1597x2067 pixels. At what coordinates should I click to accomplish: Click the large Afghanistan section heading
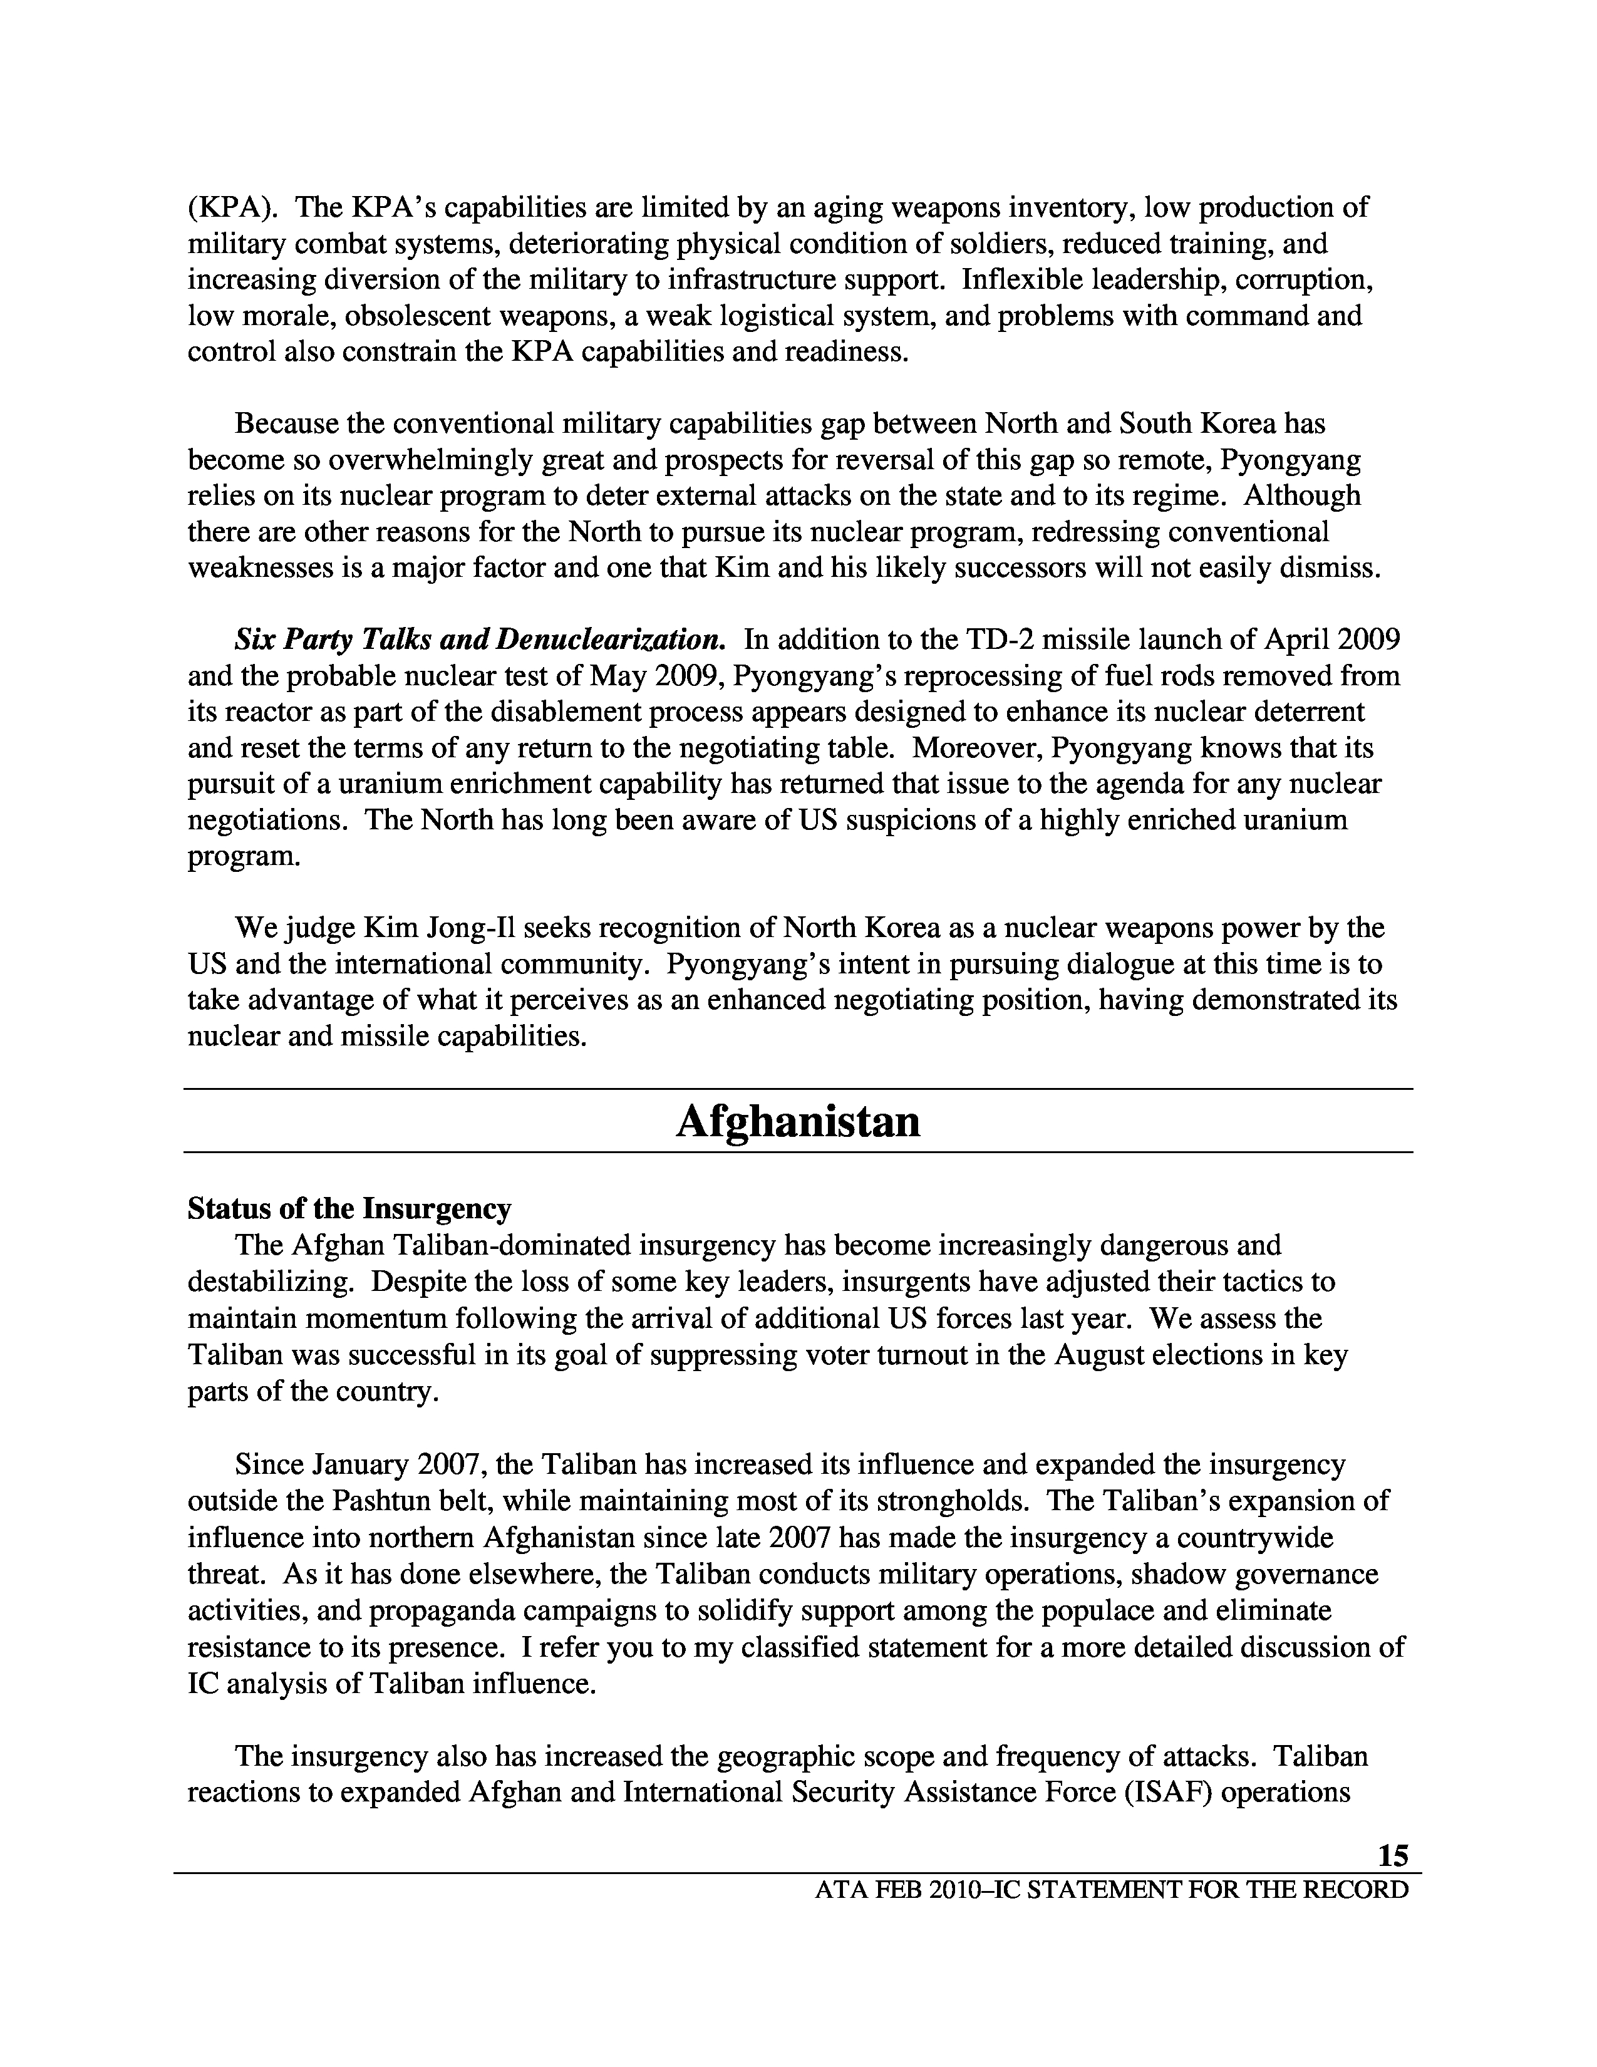tap(797, 1122)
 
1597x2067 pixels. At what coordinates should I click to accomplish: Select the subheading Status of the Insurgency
tap(349, 1209)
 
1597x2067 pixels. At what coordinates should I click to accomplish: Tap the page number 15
tap(1393, 1855)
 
